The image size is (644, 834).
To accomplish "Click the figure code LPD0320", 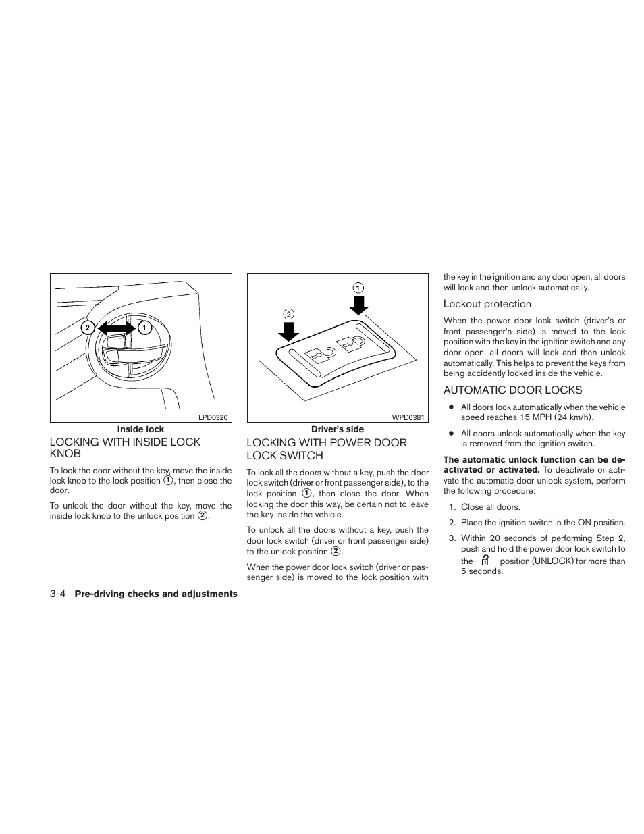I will (x=214, y=417).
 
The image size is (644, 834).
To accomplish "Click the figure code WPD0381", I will (x=409, y=417).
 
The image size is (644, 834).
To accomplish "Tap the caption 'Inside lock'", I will (x=140, y=429).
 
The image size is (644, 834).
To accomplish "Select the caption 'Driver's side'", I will (x=337, y=429).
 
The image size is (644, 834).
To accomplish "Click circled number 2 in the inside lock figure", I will (x=87, y=328).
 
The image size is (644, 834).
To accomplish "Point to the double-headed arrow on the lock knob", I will (x=115, y=328).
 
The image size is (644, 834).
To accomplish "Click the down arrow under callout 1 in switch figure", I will (x=359, y=305).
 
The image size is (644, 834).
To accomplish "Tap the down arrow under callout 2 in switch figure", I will (x=289, y=331).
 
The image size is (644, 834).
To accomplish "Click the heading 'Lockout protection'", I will (x=487, y=305).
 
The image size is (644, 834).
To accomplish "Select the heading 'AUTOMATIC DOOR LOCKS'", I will (x=512, y=390).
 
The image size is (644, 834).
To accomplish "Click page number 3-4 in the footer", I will (x=57, y=594).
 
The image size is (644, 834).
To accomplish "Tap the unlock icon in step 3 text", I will (x=485, y=561).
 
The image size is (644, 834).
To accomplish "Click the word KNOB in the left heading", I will (x=65, y=454).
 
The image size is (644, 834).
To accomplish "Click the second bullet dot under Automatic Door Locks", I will (x=450, y=434).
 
